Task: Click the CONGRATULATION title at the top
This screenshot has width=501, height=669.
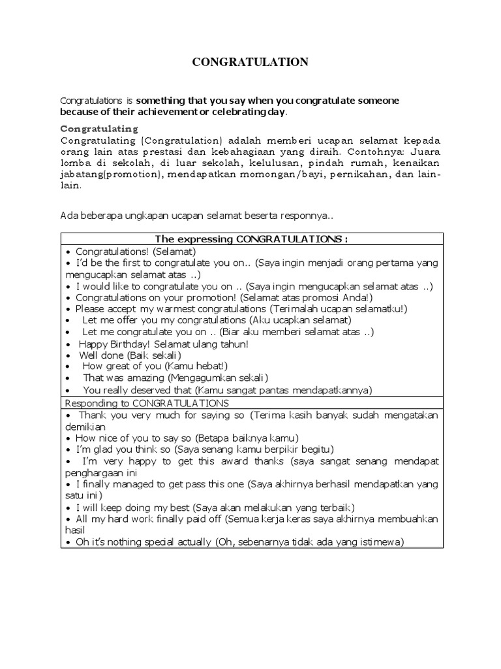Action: (250, 63)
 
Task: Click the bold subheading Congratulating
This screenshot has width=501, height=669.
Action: (99, 129)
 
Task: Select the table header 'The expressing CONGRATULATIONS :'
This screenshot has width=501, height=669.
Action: (251, 238)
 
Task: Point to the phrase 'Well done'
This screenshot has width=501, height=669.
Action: (102, 355)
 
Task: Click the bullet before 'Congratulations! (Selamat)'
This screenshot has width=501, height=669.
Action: (68, 251)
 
